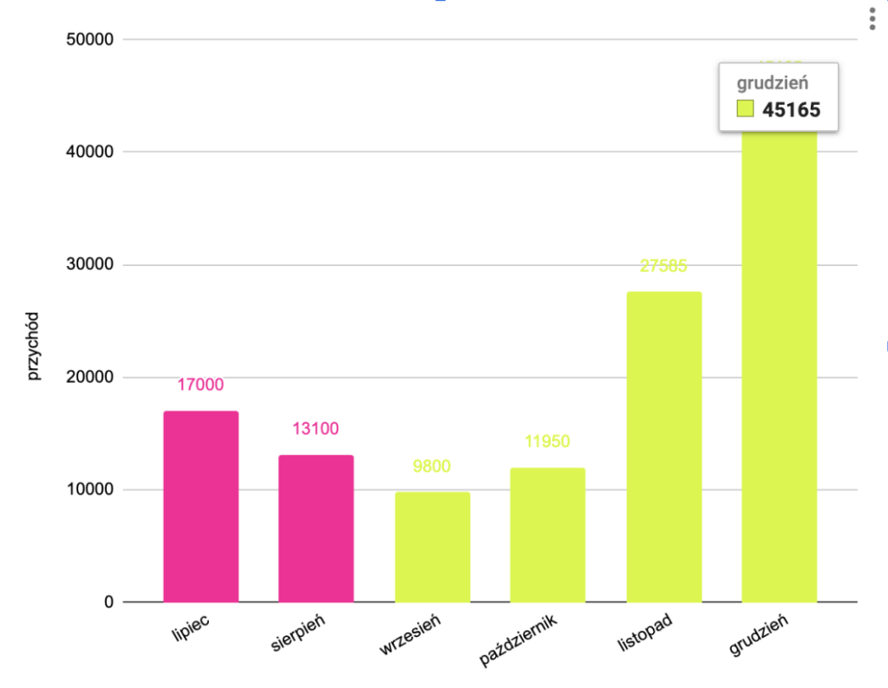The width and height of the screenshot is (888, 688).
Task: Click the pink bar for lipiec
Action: pyautogui.click(x=200, y=506)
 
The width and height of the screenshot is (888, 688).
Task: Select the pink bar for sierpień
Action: pyautogui.click(x=316, y=528)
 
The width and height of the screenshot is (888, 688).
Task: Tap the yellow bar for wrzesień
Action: pyautogui.click(x=432, y=547)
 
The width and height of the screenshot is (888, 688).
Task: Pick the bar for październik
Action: pyautogui.click(x=547, y=535)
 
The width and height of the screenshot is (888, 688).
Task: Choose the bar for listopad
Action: pyautogui.click(x=663, y=446)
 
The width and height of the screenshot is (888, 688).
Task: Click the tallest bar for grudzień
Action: pyautogui.click(x=779, y=364)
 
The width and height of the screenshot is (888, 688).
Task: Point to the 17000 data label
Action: pyautogui.click(x=200, y=385)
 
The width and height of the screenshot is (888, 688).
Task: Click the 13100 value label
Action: pyautogui.click(x=316, y=429)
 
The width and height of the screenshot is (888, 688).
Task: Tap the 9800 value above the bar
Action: pyautogui.click(x=432, y=466)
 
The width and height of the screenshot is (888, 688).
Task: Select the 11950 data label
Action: pyautogui.click(x=547, y=442)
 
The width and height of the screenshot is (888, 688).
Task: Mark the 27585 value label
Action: pyautogui.click(x=663, y=266)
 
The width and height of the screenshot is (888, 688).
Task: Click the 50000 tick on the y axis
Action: pyautogui.click(x=90, y=40)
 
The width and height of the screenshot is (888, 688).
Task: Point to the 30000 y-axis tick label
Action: pyautogui.click(x=90, y=265)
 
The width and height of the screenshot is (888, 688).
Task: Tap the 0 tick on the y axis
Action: pyautogui.click(x=108, y=602)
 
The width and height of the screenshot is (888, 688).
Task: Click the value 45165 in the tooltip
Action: pyautogui.click(x=791, y=109)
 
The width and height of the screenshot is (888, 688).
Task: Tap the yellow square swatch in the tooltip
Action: pyautogui.click(x=745, y=109)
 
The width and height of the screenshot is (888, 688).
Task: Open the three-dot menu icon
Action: pyautogui.click(x=872, y=20)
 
